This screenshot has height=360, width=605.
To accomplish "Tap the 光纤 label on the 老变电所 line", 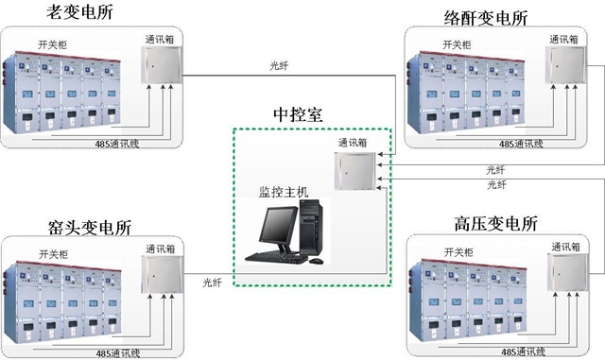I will tap(281, 66).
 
